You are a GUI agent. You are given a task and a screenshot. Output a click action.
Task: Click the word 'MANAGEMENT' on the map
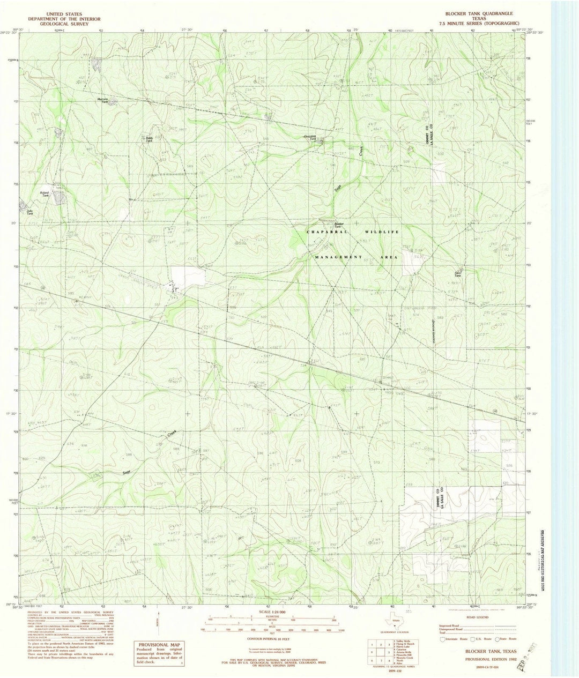point(339,257)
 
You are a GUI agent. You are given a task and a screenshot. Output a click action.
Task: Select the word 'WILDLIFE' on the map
point(382,232)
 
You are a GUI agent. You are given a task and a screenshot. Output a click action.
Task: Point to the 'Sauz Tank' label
point(458,274)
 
